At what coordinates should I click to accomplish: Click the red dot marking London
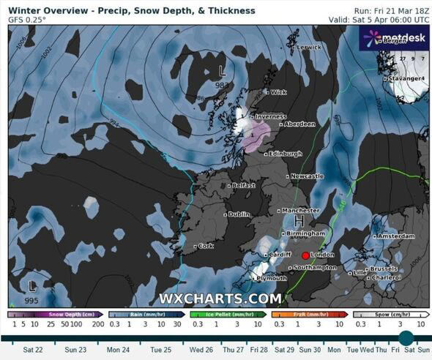305,255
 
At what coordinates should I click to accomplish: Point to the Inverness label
270,116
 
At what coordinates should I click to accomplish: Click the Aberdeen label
299,124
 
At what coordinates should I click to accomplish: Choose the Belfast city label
243,186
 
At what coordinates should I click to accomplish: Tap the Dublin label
238,214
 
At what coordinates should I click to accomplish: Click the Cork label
206,246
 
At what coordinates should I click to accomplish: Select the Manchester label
301,211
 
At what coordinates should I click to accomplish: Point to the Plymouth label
272,279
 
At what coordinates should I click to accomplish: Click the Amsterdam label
396,236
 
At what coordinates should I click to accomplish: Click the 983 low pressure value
221,86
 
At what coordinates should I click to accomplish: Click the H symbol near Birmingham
299,221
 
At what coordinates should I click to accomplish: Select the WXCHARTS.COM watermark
220,299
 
